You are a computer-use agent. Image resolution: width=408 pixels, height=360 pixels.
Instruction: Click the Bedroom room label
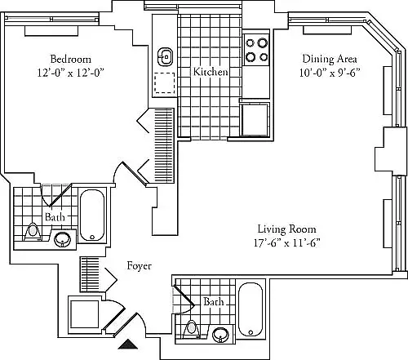click(71, 59)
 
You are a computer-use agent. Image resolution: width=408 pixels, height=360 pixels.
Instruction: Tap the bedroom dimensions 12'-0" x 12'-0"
click(71, 73)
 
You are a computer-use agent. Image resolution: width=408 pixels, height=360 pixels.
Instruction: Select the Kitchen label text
click(211, 72)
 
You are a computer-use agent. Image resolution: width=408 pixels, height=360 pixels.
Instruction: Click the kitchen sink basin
click(165, 57)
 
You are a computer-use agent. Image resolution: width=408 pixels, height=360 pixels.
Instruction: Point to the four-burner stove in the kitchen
click(256, 50)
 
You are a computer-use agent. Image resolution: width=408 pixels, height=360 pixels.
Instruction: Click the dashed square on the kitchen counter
click(165, 83)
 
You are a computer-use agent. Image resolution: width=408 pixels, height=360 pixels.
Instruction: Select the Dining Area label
click(330, 59)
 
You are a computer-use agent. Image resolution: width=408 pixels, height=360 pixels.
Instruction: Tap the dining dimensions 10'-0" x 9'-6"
click(330, 73)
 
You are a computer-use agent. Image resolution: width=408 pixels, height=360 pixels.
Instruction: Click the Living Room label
click(287, 229)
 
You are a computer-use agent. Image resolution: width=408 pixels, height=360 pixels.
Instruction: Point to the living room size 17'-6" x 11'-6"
click(287, 242)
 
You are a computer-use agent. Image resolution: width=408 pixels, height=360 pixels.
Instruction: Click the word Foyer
click(139, 266)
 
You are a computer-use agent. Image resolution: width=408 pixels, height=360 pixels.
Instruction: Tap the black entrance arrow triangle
click(128, 344)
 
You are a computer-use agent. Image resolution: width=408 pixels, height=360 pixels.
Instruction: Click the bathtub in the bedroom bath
click(92, 216)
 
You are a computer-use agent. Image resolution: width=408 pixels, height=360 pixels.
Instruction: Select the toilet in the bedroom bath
click(33, 232)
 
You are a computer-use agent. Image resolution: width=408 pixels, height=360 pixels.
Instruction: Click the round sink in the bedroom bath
click(63, 239)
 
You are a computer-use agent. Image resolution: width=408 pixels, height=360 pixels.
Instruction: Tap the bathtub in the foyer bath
click(251, 309)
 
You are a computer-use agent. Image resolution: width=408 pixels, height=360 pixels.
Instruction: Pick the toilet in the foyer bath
click(192, 329)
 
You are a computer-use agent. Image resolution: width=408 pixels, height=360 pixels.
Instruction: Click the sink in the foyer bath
click(220, 335)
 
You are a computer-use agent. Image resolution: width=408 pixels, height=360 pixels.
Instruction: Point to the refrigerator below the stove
click(255, 119)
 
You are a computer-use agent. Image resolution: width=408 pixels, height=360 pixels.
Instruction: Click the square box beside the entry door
click(84, 314)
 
